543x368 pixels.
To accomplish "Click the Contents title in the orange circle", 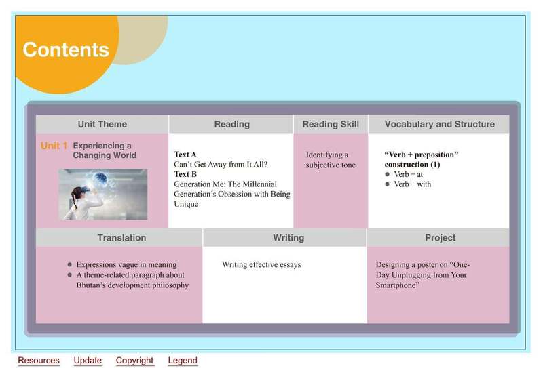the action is [66, 49].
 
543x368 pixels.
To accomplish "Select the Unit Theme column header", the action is [102, 124].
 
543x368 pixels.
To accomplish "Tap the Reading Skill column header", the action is [331, 124].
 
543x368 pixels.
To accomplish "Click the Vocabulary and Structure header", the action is [439, 124].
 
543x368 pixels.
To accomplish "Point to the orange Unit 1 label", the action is [54, 146].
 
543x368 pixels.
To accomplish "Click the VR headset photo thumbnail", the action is [103, 195].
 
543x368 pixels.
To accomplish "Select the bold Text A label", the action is [185, 155].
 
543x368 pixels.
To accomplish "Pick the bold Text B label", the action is [185, 174].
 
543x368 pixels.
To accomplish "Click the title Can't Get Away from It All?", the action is [221, 164].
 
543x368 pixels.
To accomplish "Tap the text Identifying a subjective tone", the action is [331, 160].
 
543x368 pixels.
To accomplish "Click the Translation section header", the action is [121, 238].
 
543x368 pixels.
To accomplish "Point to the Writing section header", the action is [288, 238].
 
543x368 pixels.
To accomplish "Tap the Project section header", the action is [440, 238].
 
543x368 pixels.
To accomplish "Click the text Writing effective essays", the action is [261, 264].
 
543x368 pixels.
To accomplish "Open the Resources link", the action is [39, 361].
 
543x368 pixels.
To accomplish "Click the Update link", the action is [88, 361].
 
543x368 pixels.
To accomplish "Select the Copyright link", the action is [134, 361].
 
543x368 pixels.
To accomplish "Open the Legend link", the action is [183, 361].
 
